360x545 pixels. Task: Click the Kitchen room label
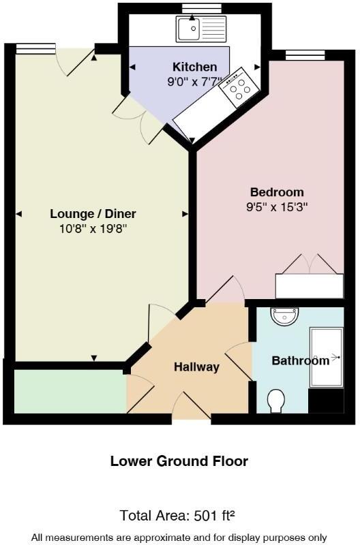[194, 67]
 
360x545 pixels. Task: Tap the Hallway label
[196, 367]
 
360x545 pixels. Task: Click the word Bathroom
[300, 360]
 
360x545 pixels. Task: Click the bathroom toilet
[277, 401]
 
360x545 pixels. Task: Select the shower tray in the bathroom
[327, 357]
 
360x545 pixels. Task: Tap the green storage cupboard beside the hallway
[70, 391]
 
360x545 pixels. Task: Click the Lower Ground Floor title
[179, 461]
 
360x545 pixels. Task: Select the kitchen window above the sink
[202, 8]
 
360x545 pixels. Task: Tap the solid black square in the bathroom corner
[326, 401]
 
